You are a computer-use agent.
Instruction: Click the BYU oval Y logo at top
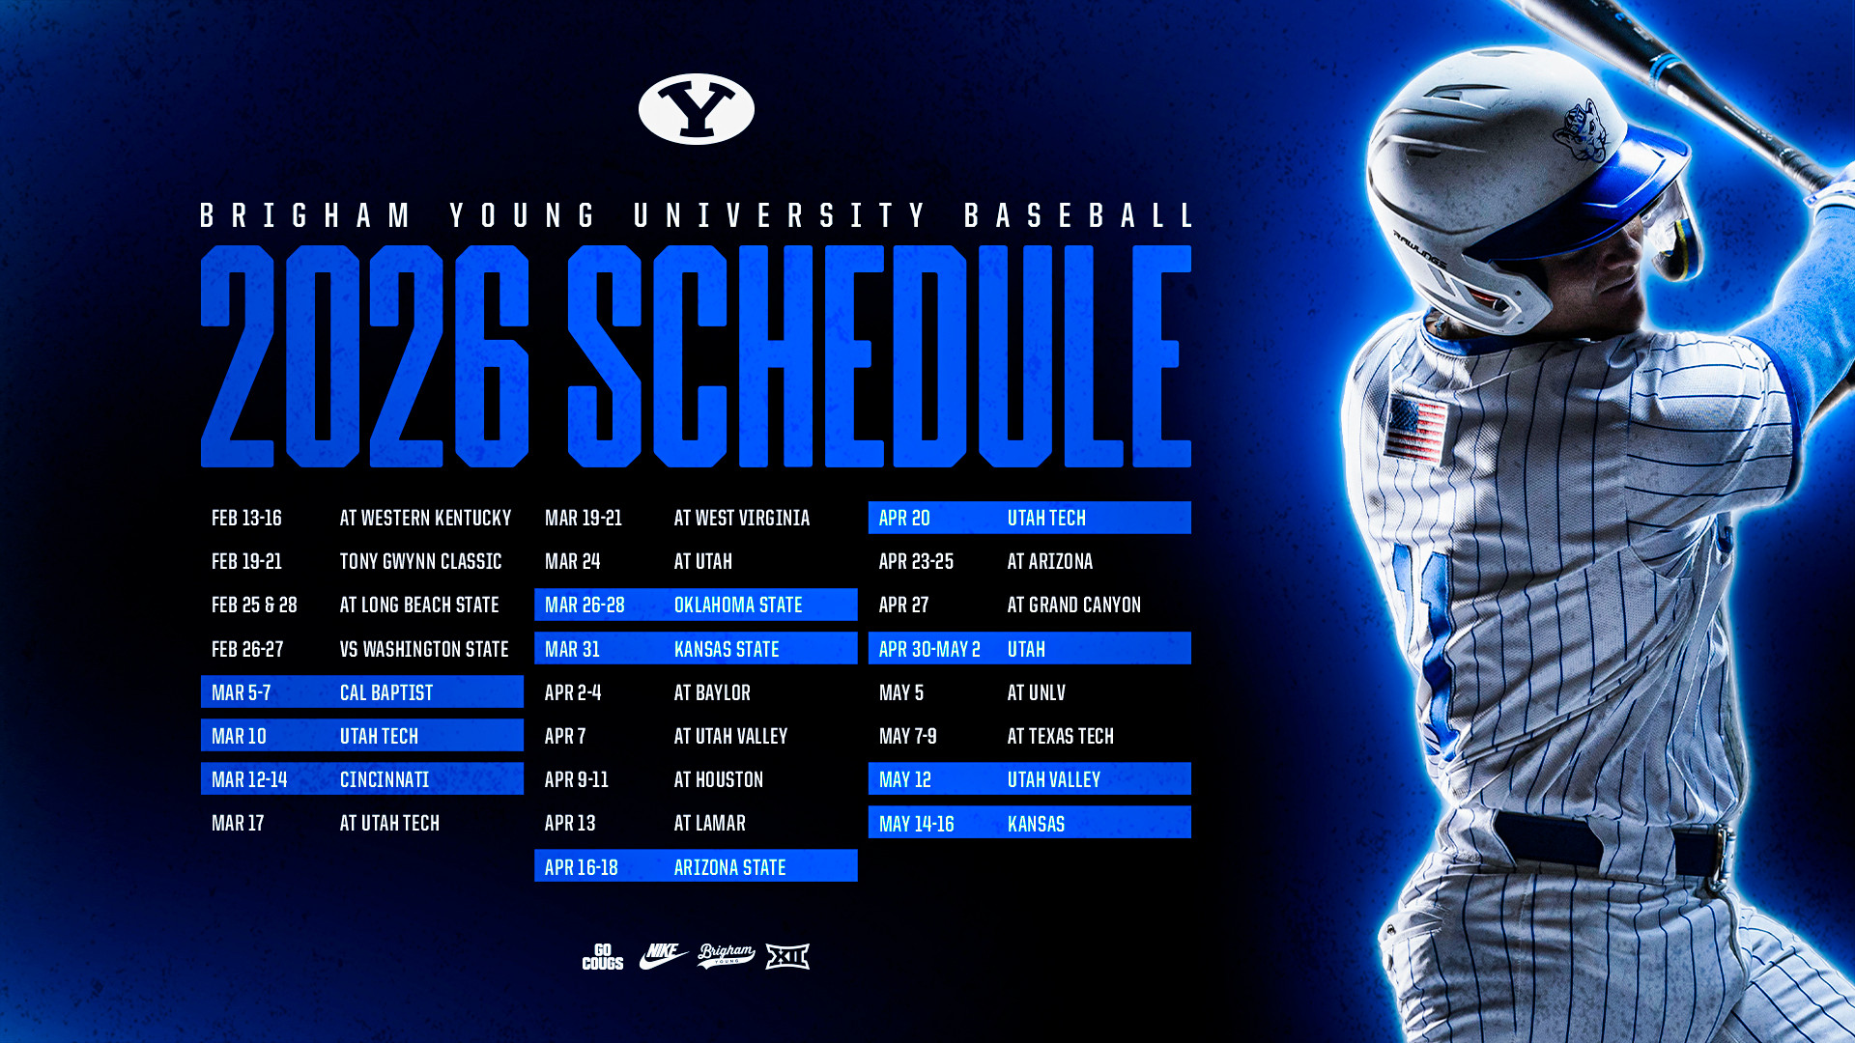[696, 109]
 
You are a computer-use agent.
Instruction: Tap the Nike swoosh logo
[663, 956]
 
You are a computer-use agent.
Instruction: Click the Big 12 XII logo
[787, 956]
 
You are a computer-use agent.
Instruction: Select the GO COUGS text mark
[602, 956]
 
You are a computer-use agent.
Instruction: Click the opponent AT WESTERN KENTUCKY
[425, 519]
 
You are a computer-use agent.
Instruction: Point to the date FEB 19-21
[246, 562]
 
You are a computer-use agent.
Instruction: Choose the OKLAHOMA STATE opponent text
[738, 606]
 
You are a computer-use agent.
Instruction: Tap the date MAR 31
[572, 649]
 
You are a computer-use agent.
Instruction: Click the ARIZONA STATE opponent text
[729, 867]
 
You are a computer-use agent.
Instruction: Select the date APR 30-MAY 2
[929, 649]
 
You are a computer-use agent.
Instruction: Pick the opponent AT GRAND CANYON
[1073, 606]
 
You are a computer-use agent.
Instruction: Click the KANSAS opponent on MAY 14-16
[1036, 824]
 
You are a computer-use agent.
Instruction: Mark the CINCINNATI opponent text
[384, 779]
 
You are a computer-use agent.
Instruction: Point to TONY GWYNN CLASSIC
[420, 562]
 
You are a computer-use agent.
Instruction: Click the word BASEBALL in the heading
[1078, 215]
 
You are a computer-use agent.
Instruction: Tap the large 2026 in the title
[365, 356]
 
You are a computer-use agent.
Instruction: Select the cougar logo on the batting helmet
[1581, 130]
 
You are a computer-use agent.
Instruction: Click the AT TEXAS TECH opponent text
[1060, 737]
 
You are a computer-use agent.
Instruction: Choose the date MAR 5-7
[241, 693]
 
